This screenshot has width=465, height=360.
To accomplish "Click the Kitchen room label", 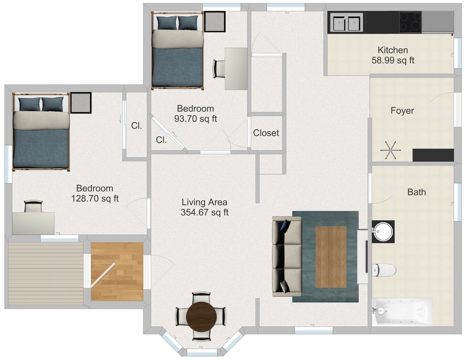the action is click(393, 50).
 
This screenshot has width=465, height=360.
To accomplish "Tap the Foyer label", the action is click(402, 110).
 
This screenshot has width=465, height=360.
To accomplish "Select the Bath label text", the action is click(416, 192).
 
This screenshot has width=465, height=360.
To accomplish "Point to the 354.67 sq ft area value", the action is click(205, 212).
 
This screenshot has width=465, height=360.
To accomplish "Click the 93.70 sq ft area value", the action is click(196, 119).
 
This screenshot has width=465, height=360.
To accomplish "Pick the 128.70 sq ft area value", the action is click(95, 198).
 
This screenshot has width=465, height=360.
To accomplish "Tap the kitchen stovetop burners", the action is click(410, 22).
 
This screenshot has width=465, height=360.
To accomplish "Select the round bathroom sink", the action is click(383, 232).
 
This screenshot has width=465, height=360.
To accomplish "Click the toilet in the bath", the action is click(384, 270).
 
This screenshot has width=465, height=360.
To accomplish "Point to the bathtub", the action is click(402, 312).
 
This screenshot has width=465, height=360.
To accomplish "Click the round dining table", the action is click(202, 317).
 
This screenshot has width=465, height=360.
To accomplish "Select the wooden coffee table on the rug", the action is click(330, 257).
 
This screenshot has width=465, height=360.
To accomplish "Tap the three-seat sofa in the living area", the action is click(287, 256).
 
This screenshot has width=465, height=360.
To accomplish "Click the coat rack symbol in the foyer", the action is click(390, 150).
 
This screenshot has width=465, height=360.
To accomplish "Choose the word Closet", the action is click(266, 133).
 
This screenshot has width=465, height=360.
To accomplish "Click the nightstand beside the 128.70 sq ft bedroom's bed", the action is click(81, 103).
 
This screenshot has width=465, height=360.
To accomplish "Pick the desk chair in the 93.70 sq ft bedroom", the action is click(219, 69).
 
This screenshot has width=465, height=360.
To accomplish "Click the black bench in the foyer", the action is click(433, 155).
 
